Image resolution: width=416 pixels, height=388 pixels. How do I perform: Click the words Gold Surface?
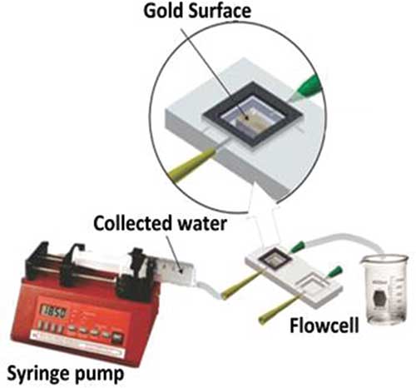click(x=197, y=12)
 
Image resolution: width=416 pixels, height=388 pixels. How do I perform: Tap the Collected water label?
click(x=160, y=223)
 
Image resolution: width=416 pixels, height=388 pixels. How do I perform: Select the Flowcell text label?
click(x=324, y=326)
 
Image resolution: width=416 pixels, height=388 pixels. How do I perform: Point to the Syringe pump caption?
click(x=66, y=374)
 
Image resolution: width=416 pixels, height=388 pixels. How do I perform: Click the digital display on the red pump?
click(x=54, y=312)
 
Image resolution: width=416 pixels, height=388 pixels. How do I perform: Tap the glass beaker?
click(x=384, y=289)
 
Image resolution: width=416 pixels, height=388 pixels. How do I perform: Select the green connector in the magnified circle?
click(x=306, y=85)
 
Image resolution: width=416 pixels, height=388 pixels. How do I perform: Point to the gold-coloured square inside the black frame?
click(x=251, y=120)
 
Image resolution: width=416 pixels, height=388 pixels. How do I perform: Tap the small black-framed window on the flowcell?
click(x=275, y=259)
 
